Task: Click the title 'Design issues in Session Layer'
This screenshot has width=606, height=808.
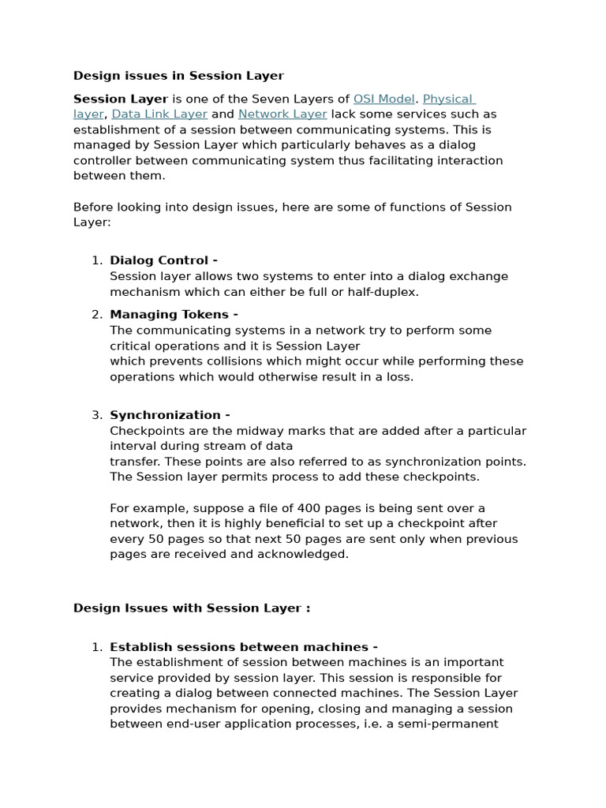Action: point(178,76)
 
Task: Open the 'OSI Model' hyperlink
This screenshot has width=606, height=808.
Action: point(383,99)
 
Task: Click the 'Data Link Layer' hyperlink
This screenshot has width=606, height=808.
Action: point(160,114)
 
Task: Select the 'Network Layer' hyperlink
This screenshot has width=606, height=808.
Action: point(282,114)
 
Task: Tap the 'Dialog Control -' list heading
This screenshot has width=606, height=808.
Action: point(163,260)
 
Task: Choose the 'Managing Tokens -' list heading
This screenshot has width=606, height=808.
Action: point(174,314)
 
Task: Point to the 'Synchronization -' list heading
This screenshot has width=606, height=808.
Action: point(170,415)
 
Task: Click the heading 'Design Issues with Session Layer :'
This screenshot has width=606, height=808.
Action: point(192,608)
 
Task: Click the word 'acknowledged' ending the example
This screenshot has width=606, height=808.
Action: point(307,554)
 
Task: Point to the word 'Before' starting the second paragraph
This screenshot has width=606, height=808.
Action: point(93,207)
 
